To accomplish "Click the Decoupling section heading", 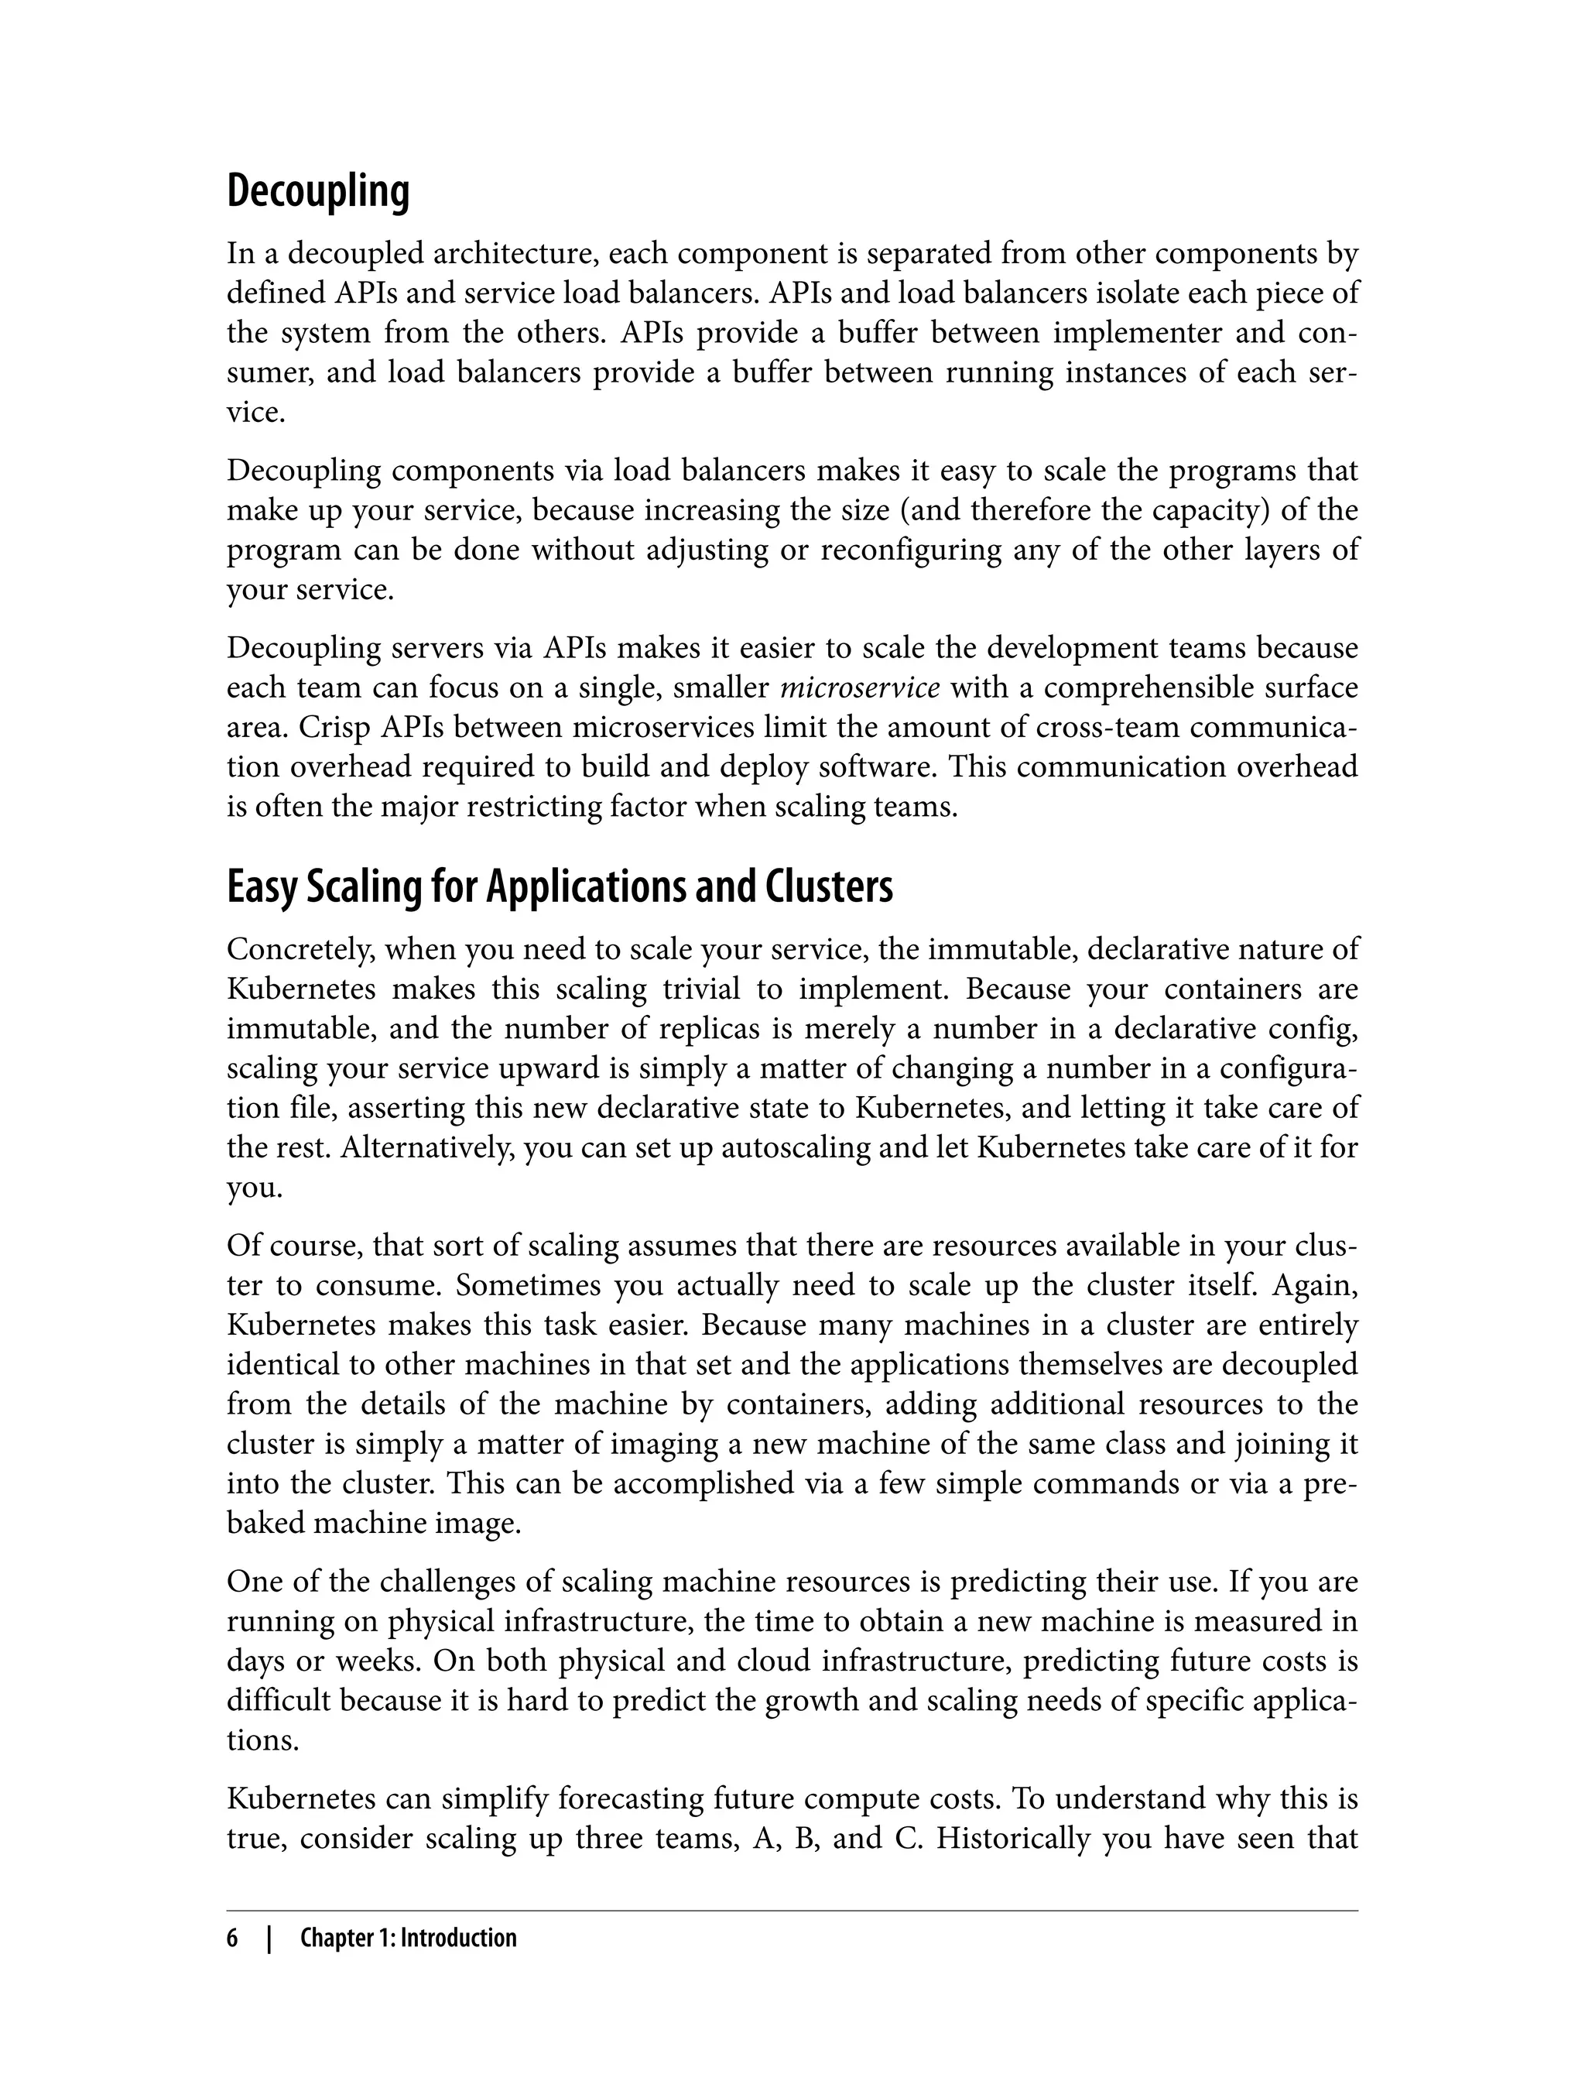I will pos(318,191).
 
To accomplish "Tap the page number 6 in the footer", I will pos(232,1939).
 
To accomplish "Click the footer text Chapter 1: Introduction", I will pos(409,1939).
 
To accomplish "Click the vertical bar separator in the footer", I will pos(269,1939).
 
